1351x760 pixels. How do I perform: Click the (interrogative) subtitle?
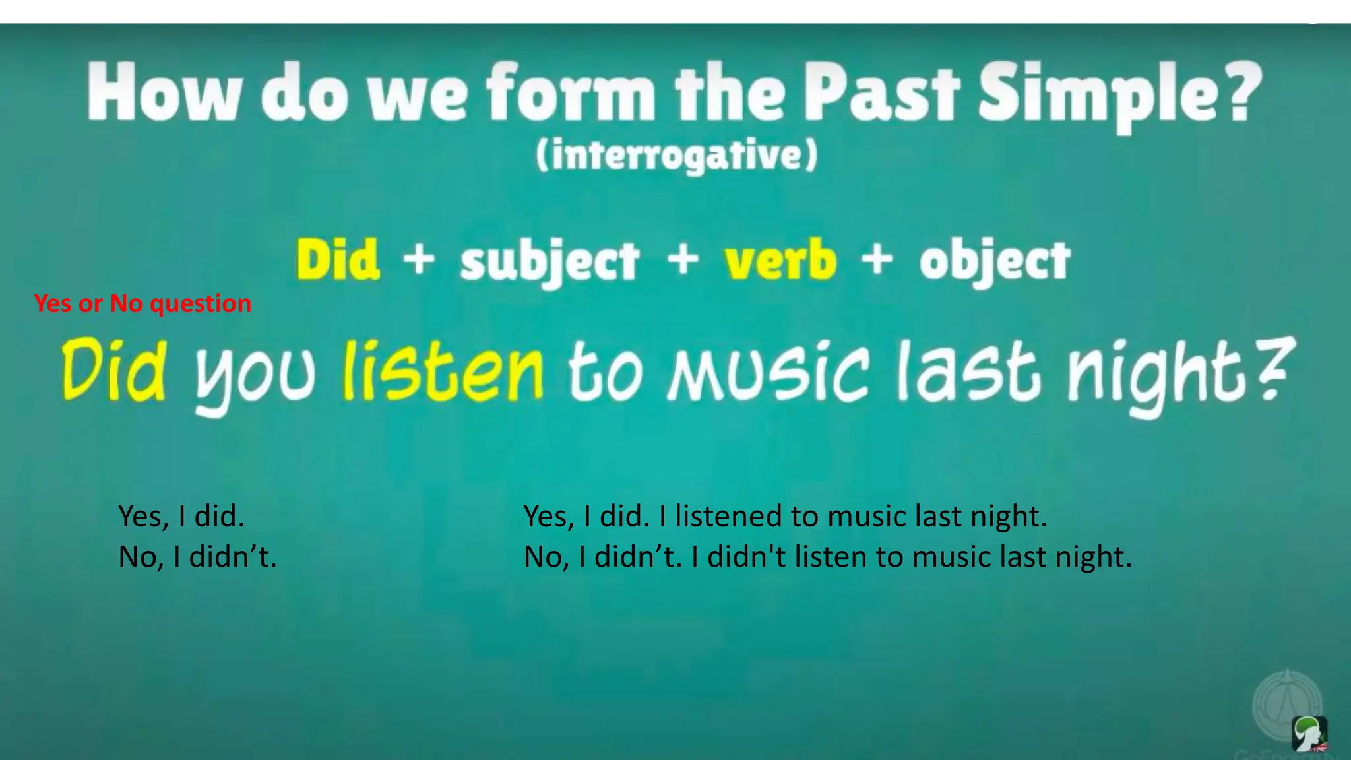[677, 156]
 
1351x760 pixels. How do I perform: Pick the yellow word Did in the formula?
[338, 260]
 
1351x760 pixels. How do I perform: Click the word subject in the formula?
[550, 263]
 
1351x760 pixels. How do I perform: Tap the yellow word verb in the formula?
[780, 260]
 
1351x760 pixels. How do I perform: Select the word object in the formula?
[995, 263]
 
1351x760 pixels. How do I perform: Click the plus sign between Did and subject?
[419, 259]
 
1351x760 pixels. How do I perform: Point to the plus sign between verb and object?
[877, 259]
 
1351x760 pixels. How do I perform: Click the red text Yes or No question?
[142, 303]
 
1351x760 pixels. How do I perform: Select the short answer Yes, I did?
[181, 516]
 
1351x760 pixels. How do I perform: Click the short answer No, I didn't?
[197, 557]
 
